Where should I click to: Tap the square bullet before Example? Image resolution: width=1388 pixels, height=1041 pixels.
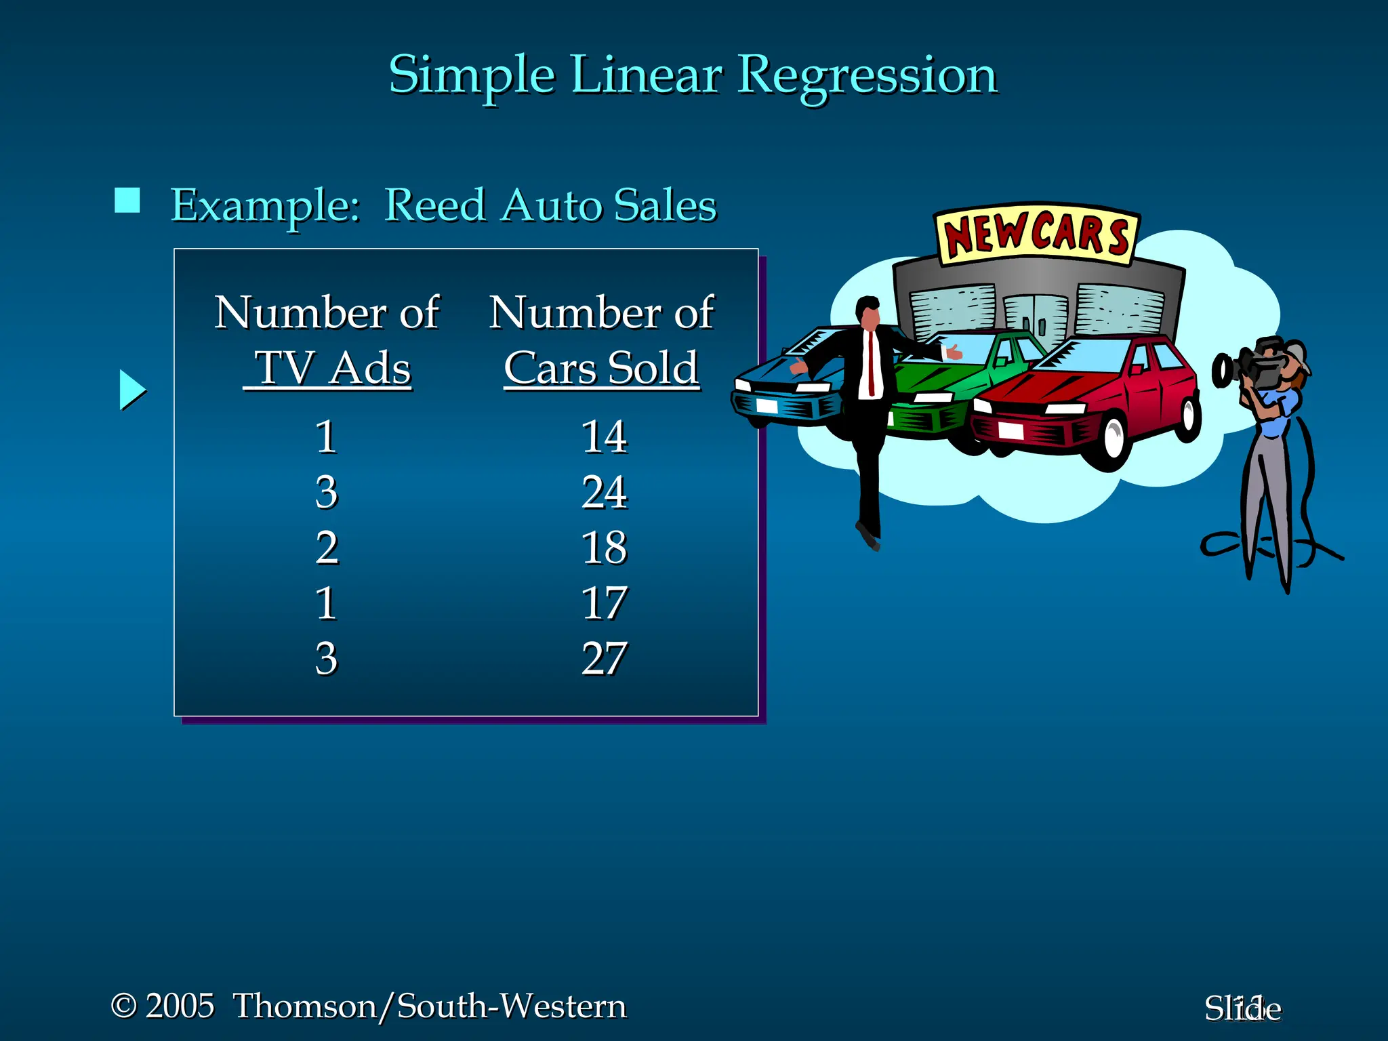point(127,201)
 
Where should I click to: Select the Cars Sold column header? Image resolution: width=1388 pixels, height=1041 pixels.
point(601,368)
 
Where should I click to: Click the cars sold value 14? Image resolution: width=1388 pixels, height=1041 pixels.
point(604,436)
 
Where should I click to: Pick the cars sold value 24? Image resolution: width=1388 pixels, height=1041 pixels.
point(604,492)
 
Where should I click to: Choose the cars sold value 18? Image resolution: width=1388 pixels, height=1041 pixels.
point(604,548)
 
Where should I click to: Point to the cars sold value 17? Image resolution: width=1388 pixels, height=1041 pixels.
point(604,603)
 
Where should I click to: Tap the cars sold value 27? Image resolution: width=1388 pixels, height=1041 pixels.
point(604,659)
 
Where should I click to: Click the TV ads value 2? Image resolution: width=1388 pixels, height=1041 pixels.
point(326,548)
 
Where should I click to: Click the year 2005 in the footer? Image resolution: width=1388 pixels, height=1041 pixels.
point(180,1006)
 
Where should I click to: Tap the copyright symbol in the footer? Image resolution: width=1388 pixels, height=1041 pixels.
point(124,1006)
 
